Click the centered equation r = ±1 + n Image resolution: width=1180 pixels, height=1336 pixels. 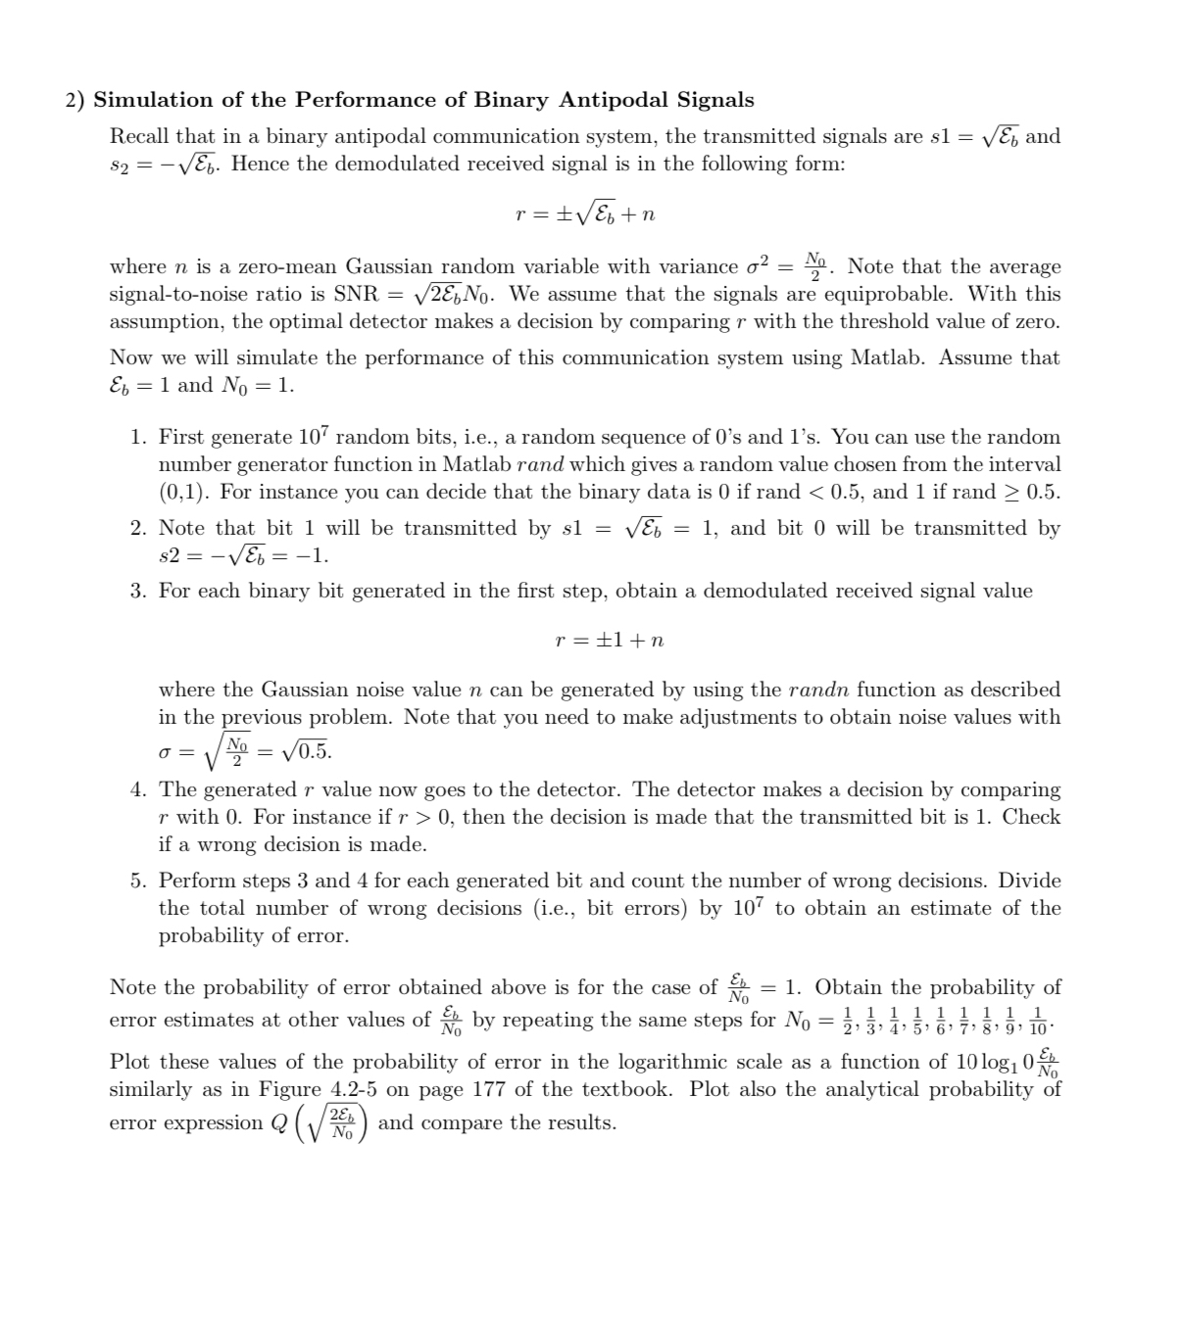(609, 641)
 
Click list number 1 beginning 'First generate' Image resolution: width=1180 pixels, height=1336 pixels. (139, 438)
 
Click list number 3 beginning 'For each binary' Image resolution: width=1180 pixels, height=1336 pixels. (139, 592)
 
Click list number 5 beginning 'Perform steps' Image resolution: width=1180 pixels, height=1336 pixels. (139, 882)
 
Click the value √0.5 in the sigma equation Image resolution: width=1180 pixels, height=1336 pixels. (306, 752)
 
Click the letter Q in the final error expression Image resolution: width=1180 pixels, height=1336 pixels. (278, 1123)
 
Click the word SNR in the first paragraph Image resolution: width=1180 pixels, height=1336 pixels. (356, 294)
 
